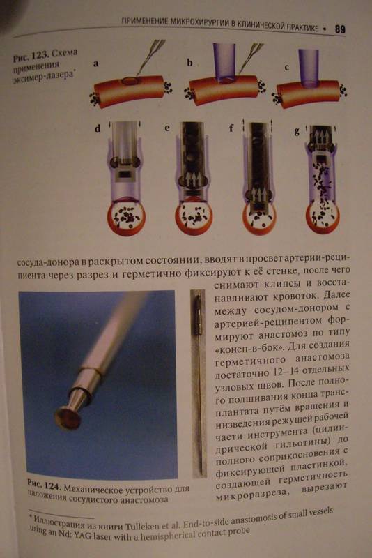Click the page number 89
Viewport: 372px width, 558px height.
340,29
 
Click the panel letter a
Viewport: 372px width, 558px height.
96,64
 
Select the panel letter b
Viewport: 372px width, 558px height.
189,63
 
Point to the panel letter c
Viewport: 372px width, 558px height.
286,67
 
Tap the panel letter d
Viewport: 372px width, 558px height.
98,128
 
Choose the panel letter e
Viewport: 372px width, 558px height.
167,128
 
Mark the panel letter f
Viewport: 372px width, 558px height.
232,127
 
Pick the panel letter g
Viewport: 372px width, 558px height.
297,131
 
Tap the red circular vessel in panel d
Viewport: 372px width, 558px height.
126,215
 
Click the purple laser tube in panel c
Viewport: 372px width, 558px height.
308,68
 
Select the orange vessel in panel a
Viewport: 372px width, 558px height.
129,91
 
